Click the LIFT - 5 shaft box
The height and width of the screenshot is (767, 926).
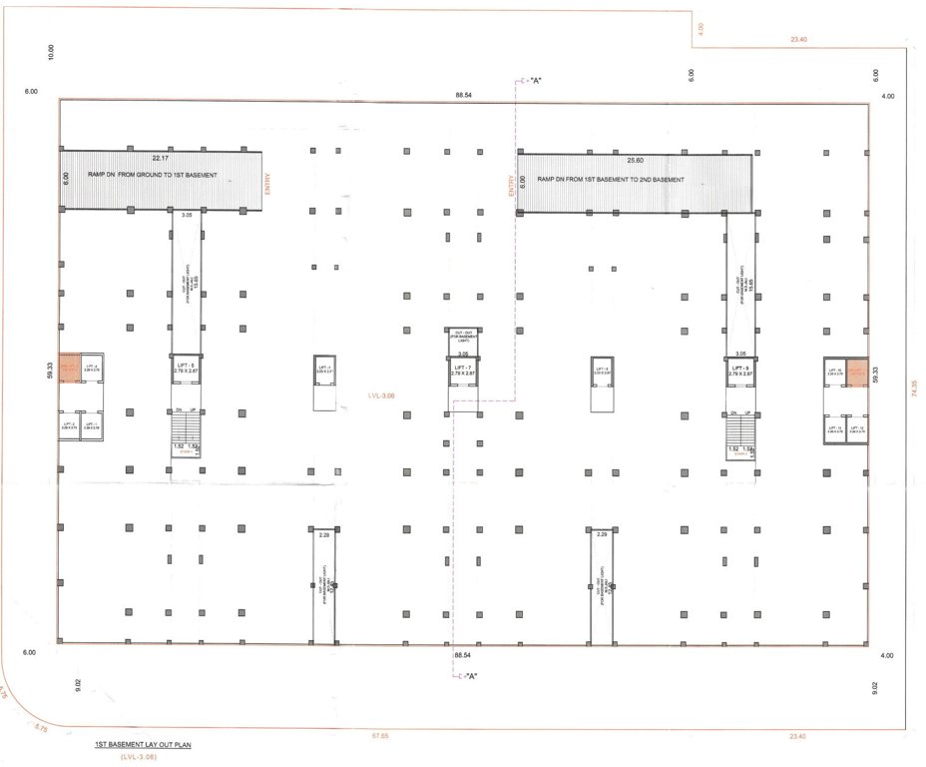(x=186, y=371)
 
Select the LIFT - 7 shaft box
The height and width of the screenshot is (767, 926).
(x=462, y=371)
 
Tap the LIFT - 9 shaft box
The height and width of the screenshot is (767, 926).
(x=739, y=371)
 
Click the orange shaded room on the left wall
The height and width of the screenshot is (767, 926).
(x=69, y=369)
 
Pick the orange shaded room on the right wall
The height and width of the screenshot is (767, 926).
(x=857, y=372)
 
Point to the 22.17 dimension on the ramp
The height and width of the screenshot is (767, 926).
(x=160, y=157)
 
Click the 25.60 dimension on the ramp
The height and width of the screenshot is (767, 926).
(x=635, y=160)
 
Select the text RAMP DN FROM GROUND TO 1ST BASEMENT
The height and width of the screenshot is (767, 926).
(x=153, y=175)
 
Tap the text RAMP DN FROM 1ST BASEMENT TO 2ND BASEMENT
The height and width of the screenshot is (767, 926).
(x=611, y=179)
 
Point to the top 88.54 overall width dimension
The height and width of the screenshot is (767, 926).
(x=462, y=94)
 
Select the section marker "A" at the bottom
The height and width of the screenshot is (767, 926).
(x=468, y=678)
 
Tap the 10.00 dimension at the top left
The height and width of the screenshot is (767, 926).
(x=52, y=52)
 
